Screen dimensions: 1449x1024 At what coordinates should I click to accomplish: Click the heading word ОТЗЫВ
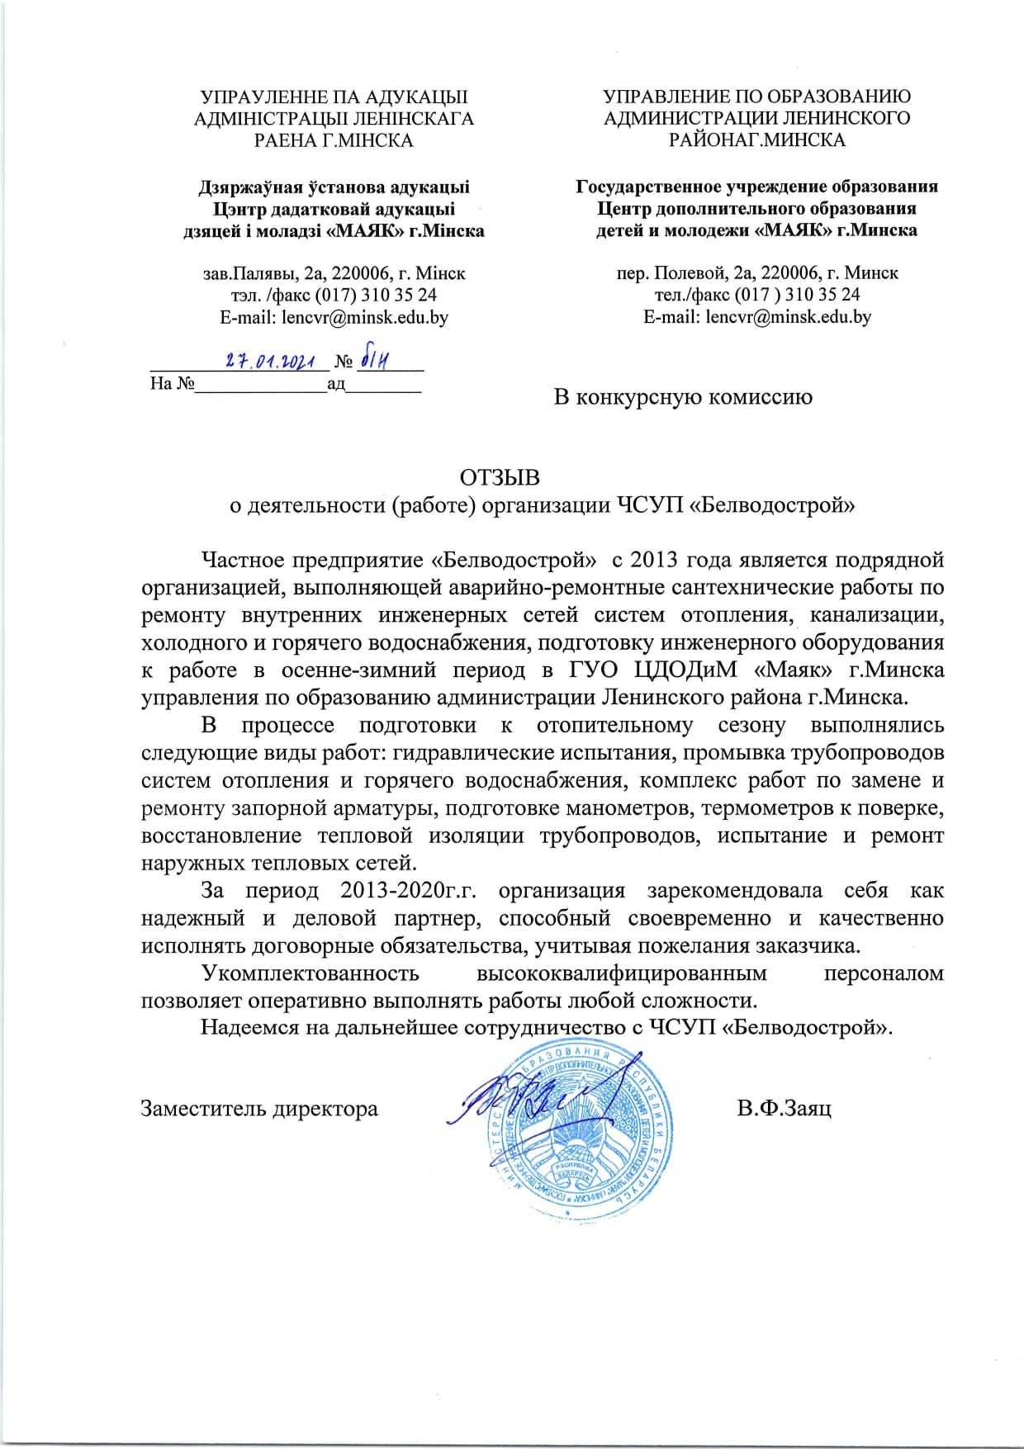500,478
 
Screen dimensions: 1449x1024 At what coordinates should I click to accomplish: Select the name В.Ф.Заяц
784,1108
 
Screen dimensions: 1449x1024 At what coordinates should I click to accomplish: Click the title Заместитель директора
259,1108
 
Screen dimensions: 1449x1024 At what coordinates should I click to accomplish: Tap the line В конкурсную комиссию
682,397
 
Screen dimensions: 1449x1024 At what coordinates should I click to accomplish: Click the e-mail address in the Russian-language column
757,316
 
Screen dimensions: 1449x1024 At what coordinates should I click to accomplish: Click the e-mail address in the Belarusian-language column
334,317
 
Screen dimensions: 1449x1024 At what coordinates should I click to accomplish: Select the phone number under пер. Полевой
757,295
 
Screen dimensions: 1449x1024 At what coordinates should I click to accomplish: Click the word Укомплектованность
311,973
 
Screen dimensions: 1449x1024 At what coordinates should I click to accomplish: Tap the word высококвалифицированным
622,973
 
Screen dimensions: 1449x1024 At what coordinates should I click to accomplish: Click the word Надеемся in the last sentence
248,1028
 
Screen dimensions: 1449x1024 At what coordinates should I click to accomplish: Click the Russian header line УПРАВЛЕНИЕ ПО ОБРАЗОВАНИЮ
757,97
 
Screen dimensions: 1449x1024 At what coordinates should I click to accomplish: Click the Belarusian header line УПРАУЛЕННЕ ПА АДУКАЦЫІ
334,97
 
